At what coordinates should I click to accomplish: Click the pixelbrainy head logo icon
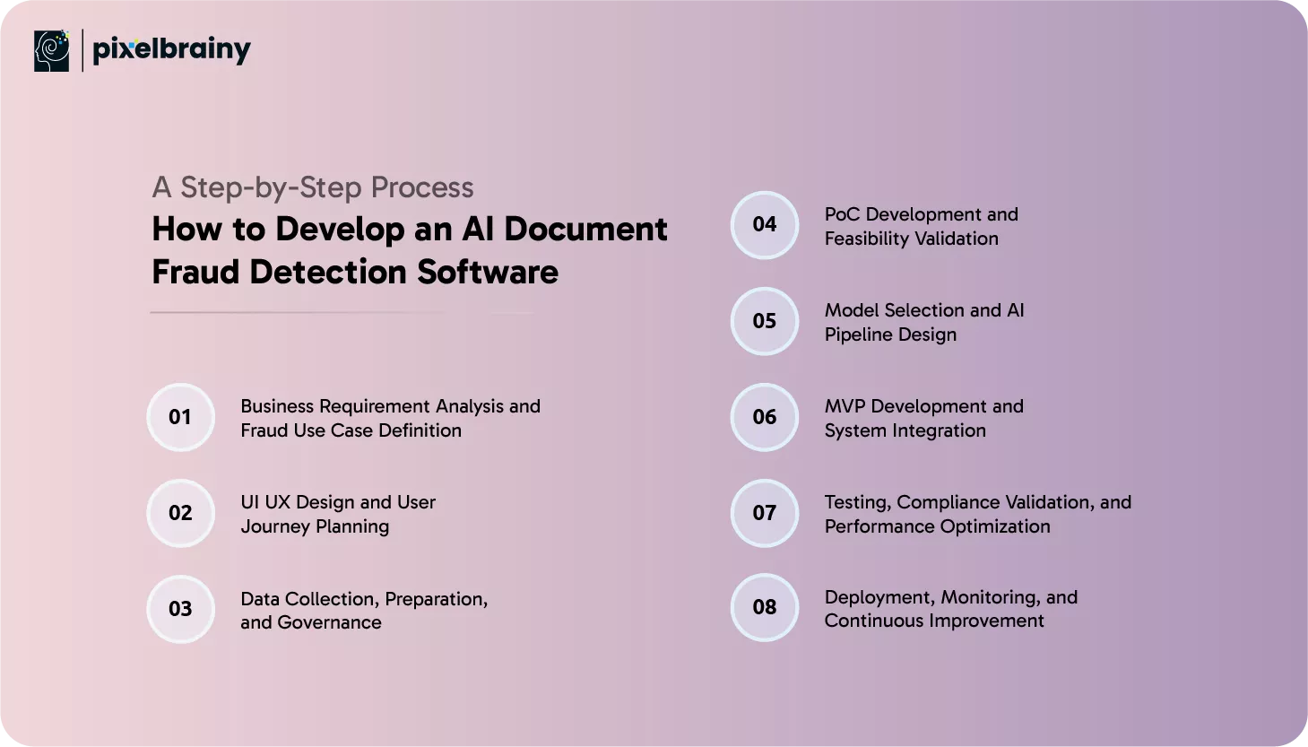[51, 51]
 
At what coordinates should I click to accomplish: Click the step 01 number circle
[180, 417]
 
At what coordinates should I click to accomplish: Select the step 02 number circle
[180, 513]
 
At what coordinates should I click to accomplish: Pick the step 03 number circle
[180, 609]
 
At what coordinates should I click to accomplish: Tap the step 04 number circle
[765, 225]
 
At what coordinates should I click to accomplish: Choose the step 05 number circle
[765, 321]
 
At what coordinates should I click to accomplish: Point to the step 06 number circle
[765, 417]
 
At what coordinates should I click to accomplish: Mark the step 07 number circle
[765, 513]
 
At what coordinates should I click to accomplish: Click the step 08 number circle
[765, 607]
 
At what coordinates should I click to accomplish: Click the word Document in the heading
[585, 229]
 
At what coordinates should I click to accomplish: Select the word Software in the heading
[488, 273]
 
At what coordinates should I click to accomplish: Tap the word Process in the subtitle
[422, 187]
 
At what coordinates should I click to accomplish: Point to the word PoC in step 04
[842, 214]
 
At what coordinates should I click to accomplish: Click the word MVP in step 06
[845, 406]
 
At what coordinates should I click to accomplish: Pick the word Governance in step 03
[329, 622]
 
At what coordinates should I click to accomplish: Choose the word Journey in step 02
[275, 526]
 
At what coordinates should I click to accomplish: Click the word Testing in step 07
[858, 503]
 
